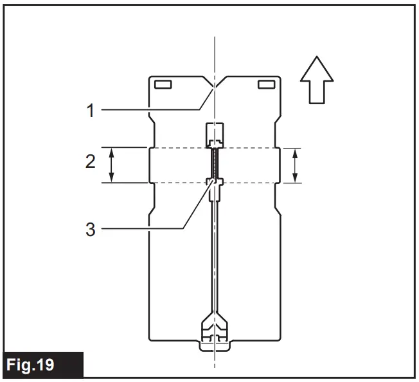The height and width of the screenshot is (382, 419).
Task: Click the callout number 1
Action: coord(91,110)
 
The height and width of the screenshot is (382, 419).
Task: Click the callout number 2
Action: coord(91,161)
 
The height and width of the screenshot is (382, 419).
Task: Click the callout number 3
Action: coord(91,229)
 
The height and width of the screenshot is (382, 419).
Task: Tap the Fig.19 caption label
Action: coord(31,365)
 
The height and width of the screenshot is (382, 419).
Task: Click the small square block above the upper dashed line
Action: coord(215,134)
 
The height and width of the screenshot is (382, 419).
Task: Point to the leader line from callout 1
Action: coord(154,110)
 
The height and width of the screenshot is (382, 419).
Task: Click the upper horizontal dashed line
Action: coord(180,148)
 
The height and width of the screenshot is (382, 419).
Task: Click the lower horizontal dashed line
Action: coord(180,183)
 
